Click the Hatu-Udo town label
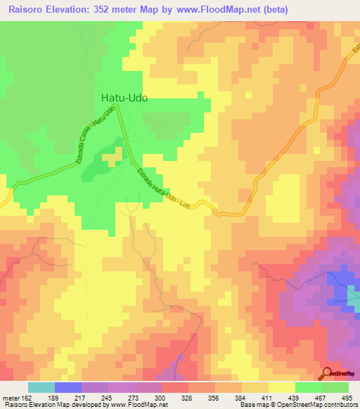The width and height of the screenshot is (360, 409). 124,99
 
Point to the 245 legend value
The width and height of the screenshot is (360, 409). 107,397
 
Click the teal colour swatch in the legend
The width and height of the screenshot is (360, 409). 41,387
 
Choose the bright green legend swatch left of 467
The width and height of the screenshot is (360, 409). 308,387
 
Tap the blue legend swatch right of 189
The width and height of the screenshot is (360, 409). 67,387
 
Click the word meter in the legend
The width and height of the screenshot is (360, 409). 9,397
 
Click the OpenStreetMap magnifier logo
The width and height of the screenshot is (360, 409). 327,372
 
